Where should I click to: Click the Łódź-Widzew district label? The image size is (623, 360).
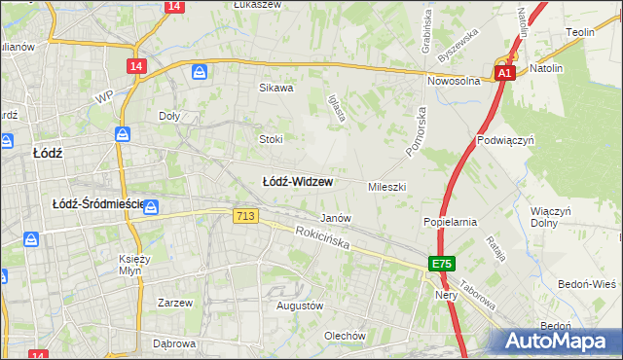tap(298, 182)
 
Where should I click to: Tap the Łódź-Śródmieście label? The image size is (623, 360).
tap(97, 204)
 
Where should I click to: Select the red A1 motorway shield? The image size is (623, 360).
tap(503, 73)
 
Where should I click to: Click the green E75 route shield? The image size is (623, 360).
tap(443, 265)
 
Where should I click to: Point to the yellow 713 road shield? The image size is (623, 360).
tap(245, 216)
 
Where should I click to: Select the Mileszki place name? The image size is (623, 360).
tap(386, 186)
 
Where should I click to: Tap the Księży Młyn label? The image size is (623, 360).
tap(133, 266)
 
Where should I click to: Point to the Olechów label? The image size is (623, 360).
tap(345, 337)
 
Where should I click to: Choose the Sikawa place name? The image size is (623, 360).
tap(275, 88)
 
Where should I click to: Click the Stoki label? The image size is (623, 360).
tap(271, 139)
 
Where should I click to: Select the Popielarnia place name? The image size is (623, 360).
tap(450, 222)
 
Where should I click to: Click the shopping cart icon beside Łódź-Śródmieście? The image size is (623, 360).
tap(152, 206)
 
